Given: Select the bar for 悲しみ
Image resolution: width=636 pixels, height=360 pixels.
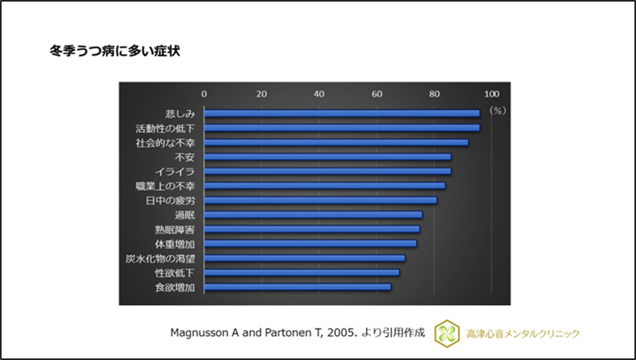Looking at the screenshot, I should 342,114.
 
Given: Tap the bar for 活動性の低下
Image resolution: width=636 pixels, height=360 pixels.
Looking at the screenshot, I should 342,128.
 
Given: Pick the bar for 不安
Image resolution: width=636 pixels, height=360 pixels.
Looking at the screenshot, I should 327,157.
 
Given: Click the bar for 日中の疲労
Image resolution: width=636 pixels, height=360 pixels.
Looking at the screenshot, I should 320,201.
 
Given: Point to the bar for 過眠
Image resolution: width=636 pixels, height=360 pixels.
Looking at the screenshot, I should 313,214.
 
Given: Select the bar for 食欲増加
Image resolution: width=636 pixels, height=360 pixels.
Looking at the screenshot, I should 297,287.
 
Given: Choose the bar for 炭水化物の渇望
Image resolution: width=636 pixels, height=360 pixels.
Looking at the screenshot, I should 304,258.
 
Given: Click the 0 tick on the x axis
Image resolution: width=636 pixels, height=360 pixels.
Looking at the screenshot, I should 204,93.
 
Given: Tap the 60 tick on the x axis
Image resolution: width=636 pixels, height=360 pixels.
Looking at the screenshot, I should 376,93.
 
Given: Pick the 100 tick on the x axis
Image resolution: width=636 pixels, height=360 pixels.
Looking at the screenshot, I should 491,93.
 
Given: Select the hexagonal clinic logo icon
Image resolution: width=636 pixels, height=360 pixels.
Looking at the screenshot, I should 447,334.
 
